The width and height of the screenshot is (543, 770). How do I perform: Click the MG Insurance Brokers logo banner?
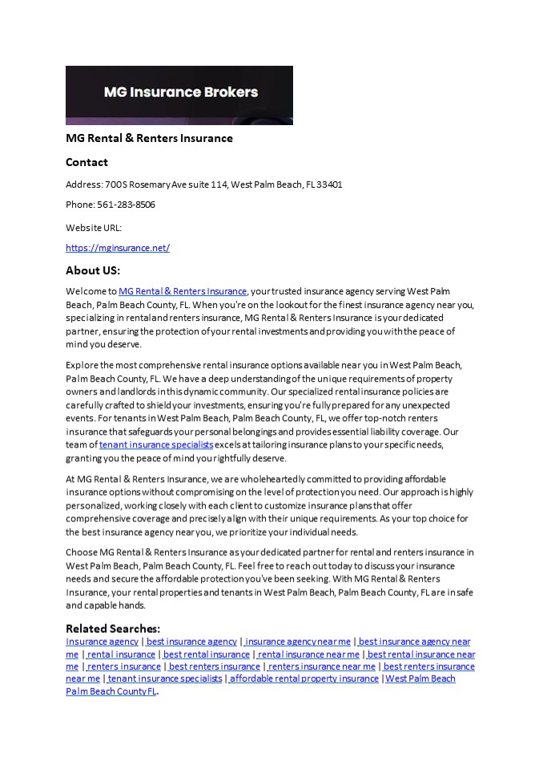pos(179,95)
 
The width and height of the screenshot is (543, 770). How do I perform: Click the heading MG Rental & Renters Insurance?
pos(149,138)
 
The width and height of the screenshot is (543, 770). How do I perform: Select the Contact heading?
pos(86,162)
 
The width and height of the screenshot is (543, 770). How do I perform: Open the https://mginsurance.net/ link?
pos(118,248)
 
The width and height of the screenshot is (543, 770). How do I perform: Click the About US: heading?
pos(93,270)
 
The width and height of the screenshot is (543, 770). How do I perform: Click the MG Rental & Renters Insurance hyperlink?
pos(183,291)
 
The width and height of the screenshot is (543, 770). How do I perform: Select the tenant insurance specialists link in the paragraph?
pos(156,444)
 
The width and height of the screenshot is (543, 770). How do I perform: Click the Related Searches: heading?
pos(113,628)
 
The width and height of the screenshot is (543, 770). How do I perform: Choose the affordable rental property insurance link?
pos(304,679)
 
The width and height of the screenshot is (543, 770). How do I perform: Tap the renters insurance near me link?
pos(322,667)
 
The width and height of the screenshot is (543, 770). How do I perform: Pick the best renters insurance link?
pos(215,667)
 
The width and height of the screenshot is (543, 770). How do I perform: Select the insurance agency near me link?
pos(298,642)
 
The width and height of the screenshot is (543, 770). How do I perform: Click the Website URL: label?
pos(94,228)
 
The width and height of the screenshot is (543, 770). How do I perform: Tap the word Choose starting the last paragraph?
pos(82,553)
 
